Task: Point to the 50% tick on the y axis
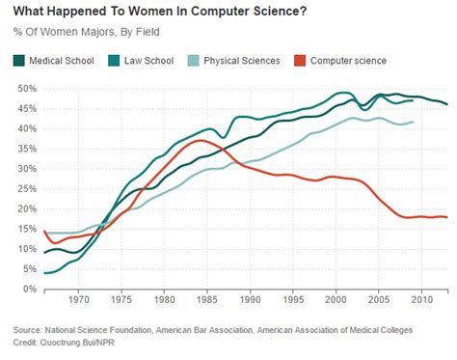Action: tap(26, 88)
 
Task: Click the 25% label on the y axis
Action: tap(26, 188)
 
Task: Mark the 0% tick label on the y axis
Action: tap(29, 289)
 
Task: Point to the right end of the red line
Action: tap(446, 217)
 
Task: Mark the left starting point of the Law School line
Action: tap(44, 273)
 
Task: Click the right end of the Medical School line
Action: tap(446, 104)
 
